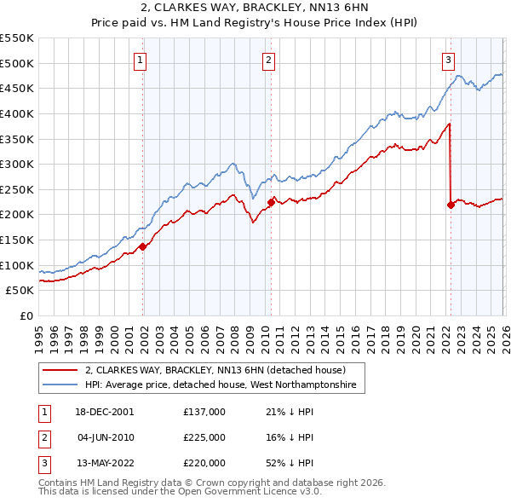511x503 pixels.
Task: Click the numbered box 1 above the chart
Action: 140,60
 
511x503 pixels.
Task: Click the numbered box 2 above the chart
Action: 268,60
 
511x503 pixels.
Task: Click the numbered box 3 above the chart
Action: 448,60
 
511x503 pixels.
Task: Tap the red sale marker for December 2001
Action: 143,246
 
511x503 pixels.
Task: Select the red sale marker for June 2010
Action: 271,202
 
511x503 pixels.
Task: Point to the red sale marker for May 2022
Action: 451,205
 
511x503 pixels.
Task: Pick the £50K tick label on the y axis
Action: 20,291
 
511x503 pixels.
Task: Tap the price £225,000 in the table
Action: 204,437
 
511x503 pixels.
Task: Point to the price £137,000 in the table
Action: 204,412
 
